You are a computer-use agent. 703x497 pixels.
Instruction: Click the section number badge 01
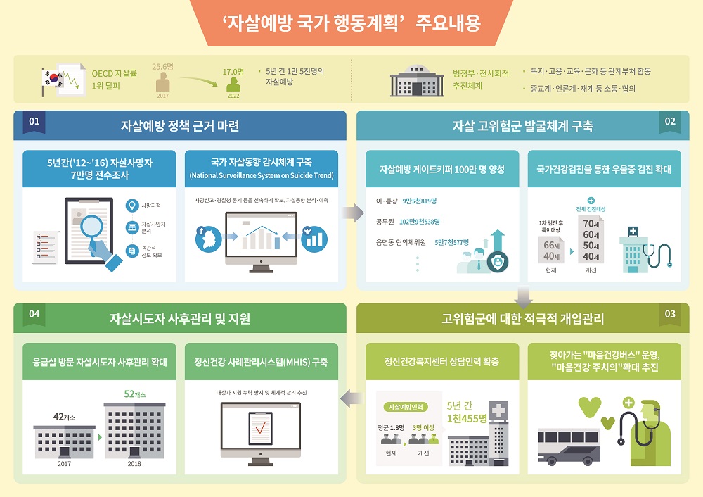click(x=33, y=121)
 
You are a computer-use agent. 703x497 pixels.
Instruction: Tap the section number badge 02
click(x=670, y=121)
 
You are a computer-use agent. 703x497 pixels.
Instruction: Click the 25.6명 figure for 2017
click(x=163, y=65)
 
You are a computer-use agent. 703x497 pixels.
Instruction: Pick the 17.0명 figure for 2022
click(x=233, y=72)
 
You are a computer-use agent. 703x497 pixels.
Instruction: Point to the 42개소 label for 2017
click(x=64, y=417)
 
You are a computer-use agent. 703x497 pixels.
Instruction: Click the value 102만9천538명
click(x=420, y=222)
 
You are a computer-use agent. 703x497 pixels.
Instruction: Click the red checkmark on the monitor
click(x=260, y=427)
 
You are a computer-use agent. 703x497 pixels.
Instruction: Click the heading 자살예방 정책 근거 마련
click(x=180, y=127)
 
